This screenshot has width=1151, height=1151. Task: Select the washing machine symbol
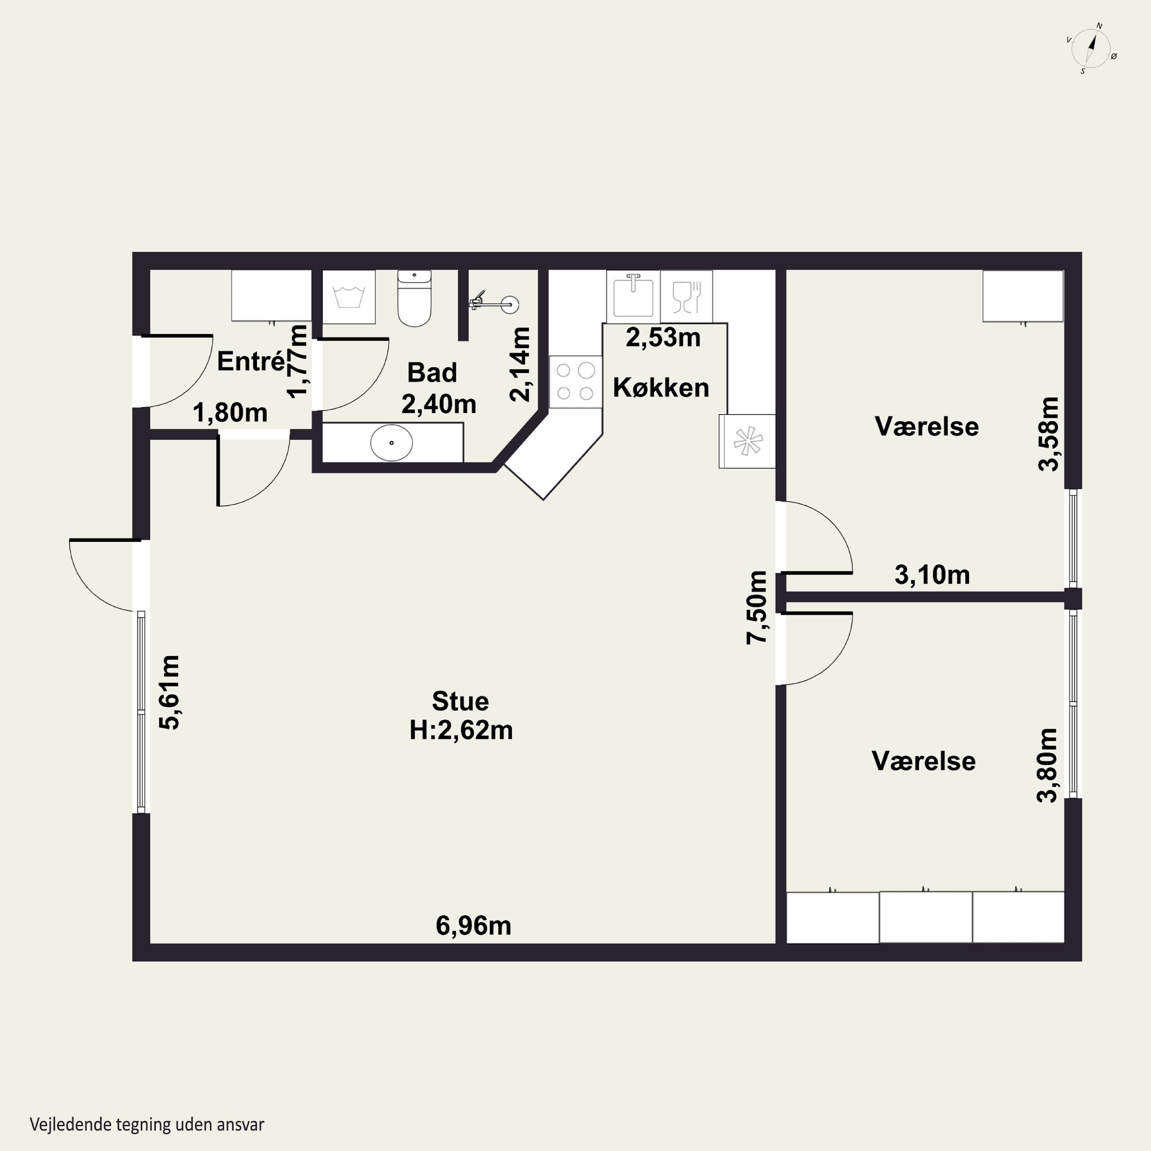349,297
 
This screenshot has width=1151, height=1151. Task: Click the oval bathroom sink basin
391,443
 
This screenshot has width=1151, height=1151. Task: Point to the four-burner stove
575,382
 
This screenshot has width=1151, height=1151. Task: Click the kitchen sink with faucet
633,296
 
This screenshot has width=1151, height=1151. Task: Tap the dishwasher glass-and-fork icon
686,297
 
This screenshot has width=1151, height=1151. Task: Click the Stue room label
460,702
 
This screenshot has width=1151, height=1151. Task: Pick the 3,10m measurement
932,575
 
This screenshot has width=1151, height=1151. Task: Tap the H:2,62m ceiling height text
461,731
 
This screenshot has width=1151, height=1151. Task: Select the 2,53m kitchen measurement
663,338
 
